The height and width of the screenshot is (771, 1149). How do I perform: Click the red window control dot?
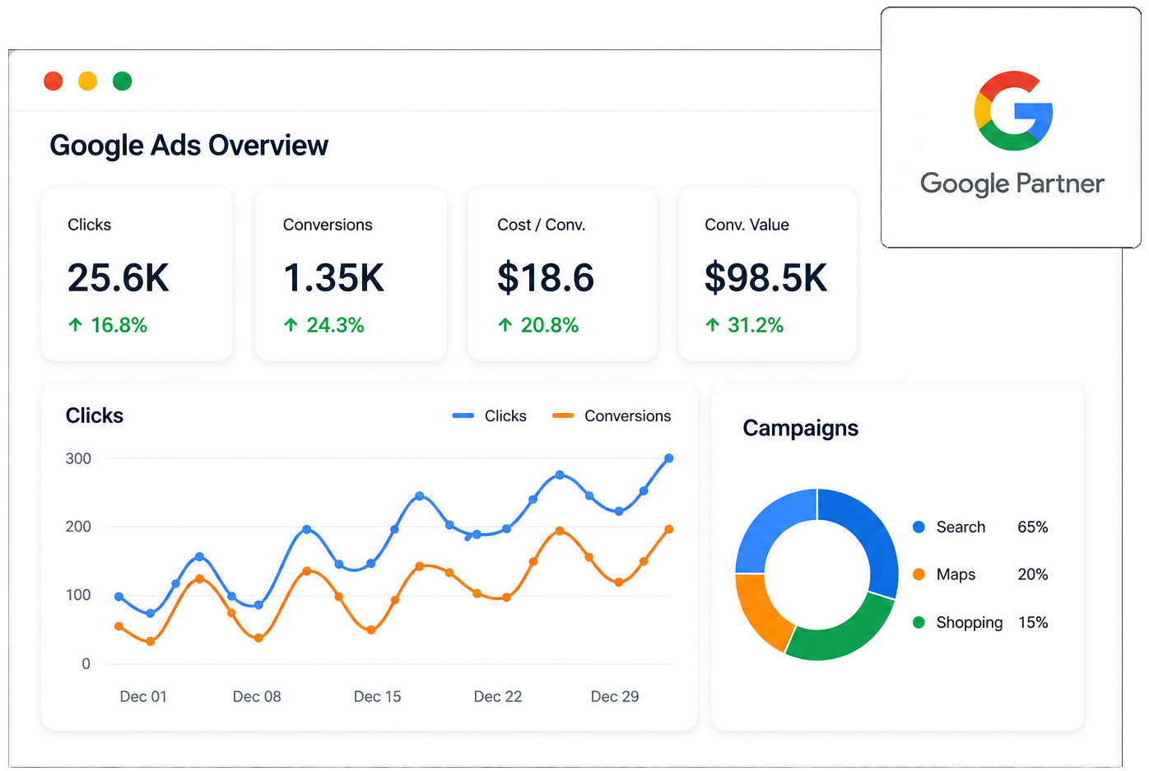(x=53, y=81)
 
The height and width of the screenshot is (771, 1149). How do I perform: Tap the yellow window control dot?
(x=88, y=81)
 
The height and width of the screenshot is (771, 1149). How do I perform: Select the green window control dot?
(x=122, y=81)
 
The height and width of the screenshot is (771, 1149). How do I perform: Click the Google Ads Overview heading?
(x=188, y=145)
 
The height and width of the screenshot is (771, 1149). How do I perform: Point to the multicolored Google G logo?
(x=1013, y=111)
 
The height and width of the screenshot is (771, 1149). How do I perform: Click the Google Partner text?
(x=1012, y=183)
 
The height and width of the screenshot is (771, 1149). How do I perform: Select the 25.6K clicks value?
(x=118, y=277)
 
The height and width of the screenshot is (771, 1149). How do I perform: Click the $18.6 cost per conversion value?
(x=545, y=277)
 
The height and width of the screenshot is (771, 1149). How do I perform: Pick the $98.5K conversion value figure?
(x=765, y=277)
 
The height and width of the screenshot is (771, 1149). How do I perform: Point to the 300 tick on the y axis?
(x=78, y=458)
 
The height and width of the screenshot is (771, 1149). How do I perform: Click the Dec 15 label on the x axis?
(x=377, y=696)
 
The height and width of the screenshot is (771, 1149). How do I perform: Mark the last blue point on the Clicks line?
(x=669, y=458)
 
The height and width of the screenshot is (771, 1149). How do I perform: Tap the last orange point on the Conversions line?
(x=669, y=529)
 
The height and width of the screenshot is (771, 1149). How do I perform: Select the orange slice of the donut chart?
(x=759, y=613)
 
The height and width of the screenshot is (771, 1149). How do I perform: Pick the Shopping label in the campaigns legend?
(x=969, y=622)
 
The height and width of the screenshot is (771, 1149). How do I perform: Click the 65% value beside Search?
(x=1033, y=527)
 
